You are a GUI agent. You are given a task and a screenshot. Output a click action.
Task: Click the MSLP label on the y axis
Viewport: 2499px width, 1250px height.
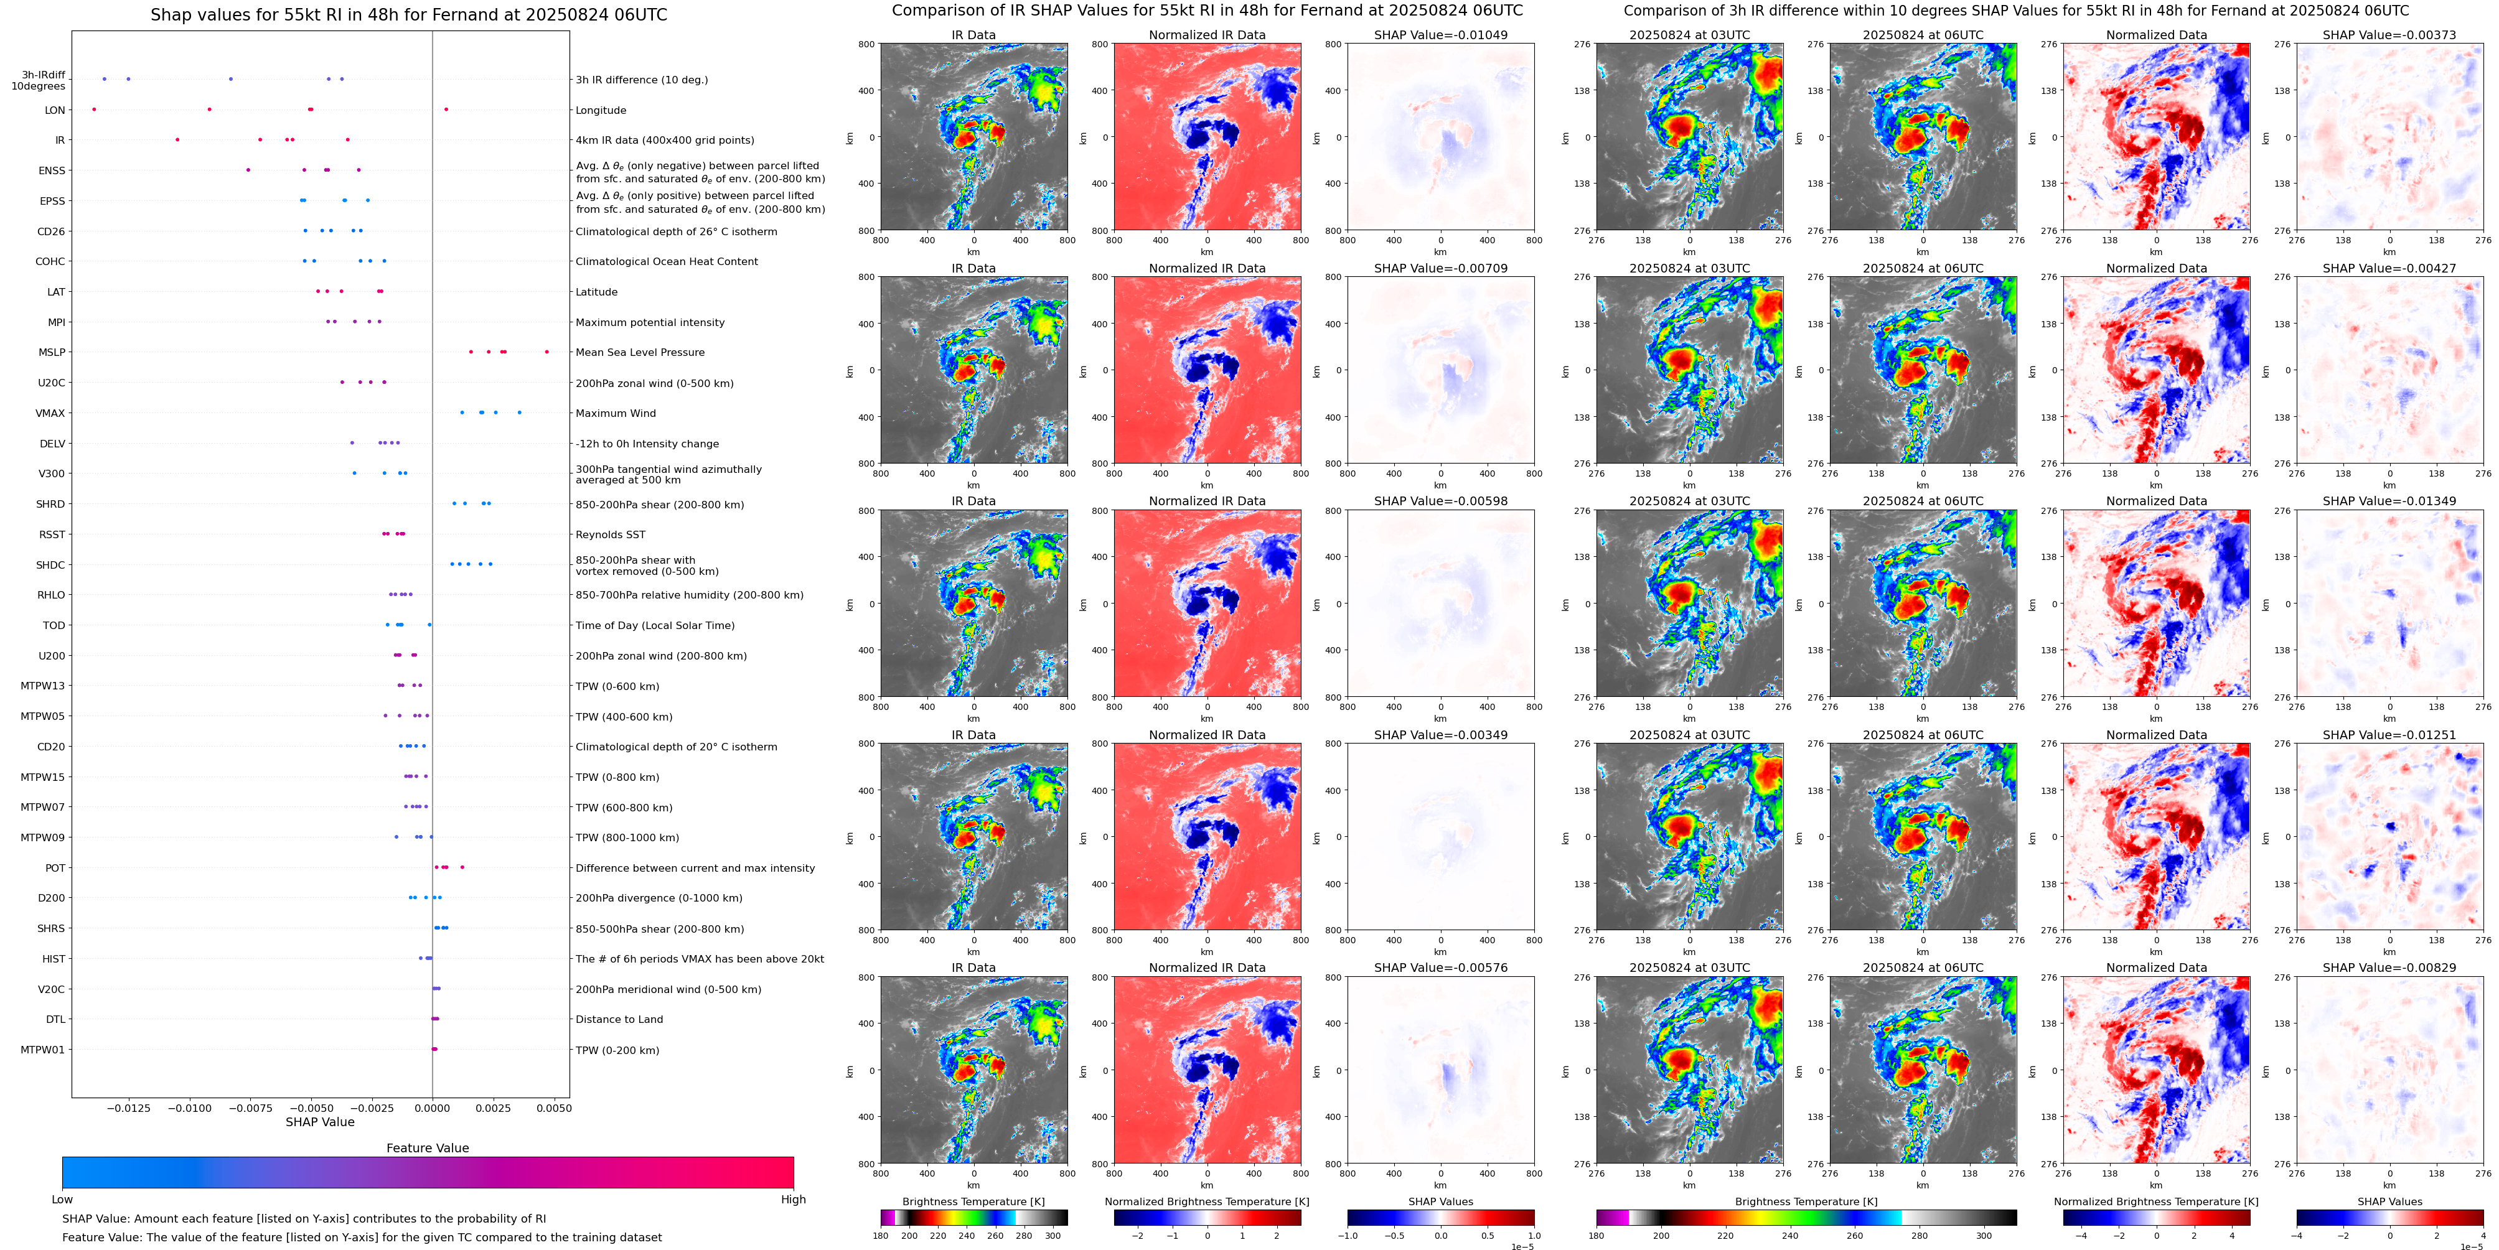pos(52,352)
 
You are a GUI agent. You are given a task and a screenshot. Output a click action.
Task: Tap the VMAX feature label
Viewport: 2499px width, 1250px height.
pos(50,413)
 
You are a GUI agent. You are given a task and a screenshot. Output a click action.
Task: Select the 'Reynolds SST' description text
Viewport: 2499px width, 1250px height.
pos(610,534)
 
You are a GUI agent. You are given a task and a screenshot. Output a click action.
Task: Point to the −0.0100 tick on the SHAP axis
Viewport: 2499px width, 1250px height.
pos(189,1108)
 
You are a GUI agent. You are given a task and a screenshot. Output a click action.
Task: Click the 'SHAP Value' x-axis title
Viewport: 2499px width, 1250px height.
pos(320,1122)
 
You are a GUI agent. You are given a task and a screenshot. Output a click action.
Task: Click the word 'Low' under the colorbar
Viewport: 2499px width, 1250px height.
pos(62,1200)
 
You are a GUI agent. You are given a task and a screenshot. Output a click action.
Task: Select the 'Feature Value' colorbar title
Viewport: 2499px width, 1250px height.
pos(427,1148)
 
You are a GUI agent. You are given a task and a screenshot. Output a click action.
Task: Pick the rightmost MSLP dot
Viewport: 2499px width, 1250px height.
pos(546,352)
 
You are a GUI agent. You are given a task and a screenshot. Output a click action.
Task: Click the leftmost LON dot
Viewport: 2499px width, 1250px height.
pos(94,110)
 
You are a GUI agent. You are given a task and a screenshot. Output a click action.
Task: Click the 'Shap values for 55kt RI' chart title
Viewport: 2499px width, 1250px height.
pos(408,14)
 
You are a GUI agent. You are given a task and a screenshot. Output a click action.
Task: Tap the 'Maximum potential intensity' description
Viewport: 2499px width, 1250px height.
pos(649,322)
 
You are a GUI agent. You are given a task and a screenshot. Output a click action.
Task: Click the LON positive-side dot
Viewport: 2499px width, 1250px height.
pos(446,110)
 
